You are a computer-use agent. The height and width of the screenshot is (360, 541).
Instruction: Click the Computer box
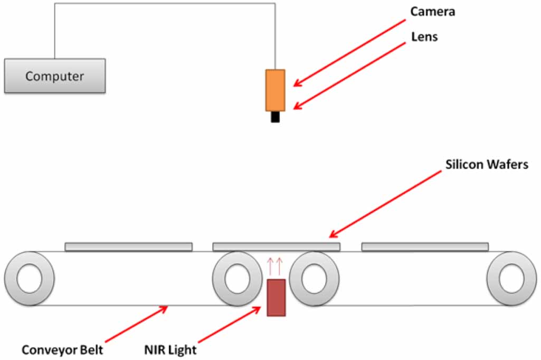[x=55, y=76]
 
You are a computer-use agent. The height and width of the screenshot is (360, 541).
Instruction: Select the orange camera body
[x=275, y=90]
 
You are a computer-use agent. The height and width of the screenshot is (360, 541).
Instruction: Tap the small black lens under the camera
[x=275, y=117]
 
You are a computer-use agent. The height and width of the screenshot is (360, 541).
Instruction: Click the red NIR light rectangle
[x=276, y=298]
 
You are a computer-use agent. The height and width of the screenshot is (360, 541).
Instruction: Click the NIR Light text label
[x=171, y=350]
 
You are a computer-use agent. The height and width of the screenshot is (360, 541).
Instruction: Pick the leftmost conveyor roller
[x=29, y=279]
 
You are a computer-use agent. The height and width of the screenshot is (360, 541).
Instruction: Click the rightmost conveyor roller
[x=511, y=279]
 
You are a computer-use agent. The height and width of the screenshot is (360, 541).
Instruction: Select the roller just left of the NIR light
[x=237, y=279]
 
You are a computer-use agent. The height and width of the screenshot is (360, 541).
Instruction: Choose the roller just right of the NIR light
[x=315, y=279]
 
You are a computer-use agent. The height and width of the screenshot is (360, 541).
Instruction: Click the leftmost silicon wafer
[x=128, y=247]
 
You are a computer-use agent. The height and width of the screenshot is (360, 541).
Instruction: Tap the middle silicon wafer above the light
[x=276, y=247]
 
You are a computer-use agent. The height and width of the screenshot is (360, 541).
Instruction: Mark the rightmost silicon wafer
[x=425, y=247]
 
